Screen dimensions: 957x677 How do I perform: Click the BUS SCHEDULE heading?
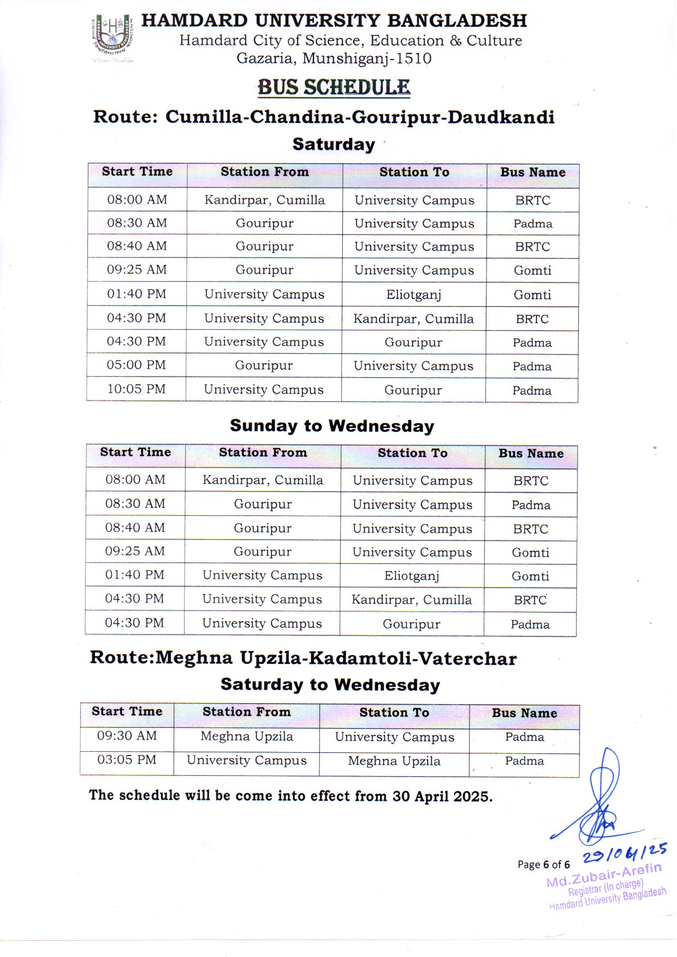[334, 87]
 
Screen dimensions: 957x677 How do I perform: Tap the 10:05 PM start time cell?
[136, 389]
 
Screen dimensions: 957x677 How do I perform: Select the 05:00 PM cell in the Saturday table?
[136, 365]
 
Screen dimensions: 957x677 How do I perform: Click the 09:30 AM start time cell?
[127, 736]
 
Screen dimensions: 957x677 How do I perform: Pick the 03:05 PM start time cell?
[127, 760]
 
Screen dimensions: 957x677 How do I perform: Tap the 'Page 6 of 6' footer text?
[543, 865]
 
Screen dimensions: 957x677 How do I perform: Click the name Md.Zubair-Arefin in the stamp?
[603, 875]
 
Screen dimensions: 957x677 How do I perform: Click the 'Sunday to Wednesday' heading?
[332, 426]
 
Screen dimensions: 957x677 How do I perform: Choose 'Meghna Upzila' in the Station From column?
[247, 736]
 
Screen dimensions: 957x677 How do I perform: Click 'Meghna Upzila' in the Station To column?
[394, 761]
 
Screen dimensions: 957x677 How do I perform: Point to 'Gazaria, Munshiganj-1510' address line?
[334, 58]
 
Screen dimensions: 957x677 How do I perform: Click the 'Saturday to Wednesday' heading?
[330, 685]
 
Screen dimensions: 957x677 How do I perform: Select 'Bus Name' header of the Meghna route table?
[524, 713]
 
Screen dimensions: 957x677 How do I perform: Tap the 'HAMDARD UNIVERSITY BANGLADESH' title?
[334, 21]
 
